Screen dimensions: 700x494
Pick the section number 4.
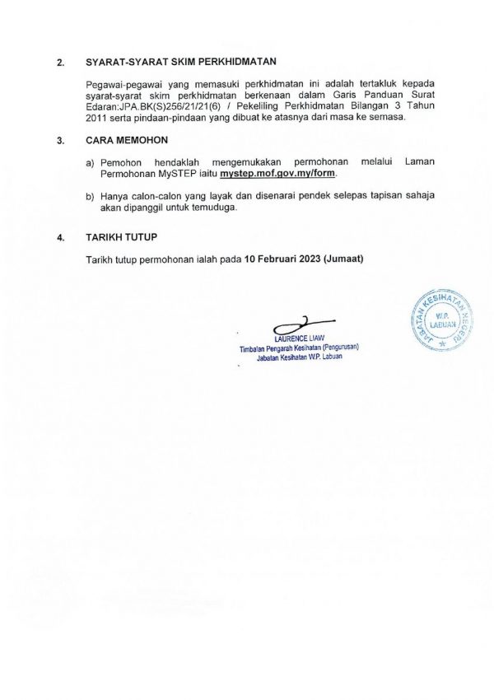58,237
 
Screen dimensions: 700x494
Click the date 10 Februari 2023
282,259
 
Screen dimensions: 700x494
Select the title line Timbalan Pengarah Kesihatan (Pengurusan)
299,348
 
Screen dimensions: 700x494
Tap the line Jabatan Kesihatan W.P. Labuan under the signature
298,357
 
